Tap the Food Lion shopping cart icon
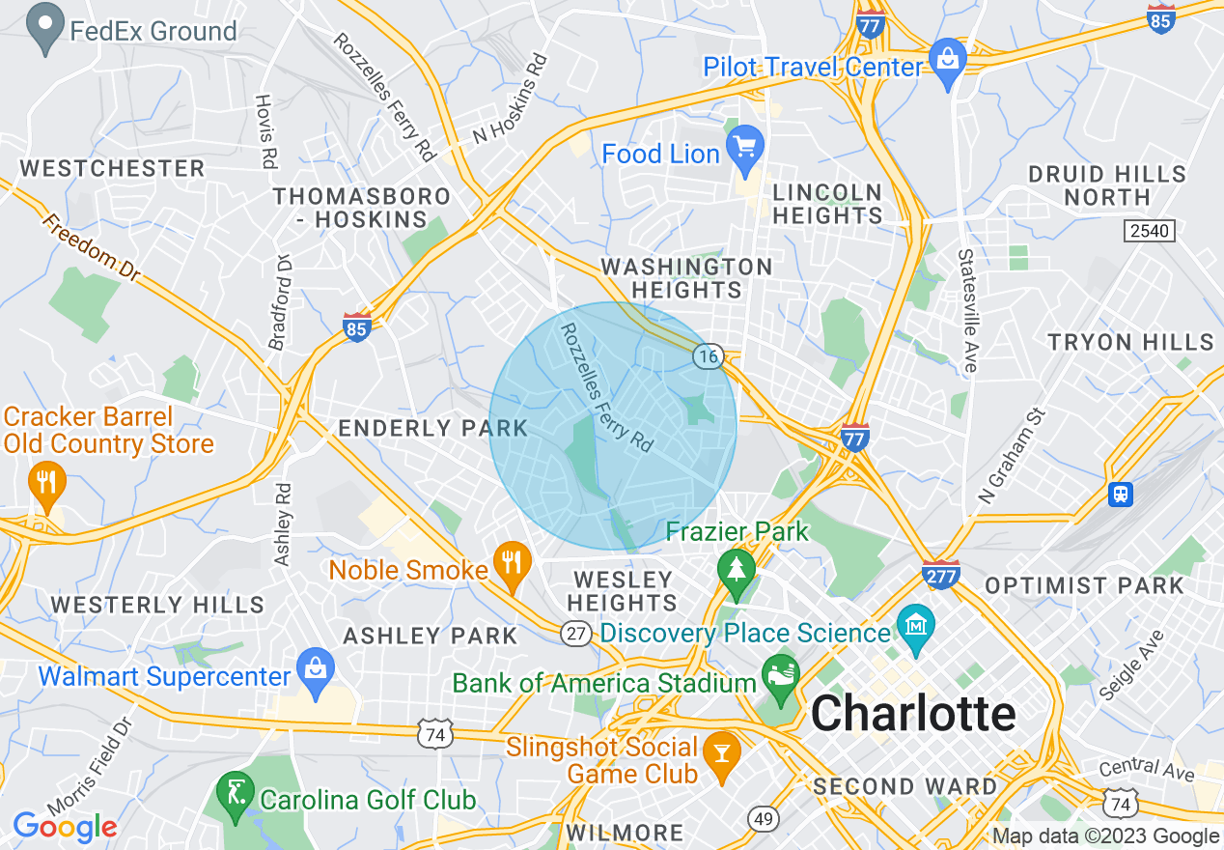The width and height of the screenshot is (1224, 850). point(744,147)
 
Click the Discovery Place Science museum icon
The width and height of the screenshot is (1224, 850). point(914,627)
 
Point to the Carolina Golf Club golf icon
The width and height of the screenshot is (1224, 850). point(235,792)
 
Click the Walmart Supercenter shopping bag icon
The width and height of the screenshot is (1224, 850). point(316,669)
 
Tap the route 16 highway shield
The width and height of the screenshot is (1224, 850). point(708,356)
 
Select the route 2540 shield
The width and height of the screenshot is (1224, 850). point(1147,230)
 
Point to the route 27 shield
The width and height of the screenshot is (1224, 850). point(576,633)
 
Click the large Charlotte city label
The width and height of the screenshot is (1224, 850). point(913,715)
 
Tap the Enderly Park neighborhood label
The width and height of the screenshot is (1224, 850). point(432,428)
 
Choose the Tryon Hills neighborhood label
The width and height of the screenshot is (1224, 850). point(1130,342)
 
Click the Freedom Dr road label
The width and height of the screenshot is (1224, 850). point(91,248)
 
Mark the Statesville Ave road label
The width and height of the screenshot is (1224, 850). point(967,309)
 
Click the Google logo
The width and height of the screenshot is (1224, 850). point(64,827)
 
